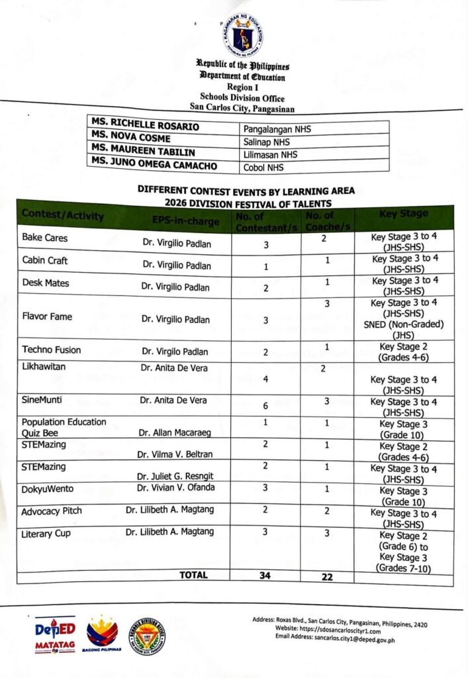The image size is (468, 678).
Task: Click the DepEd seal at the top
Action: click(242, 34)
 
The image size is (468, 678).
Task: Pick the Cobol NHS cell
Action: click(263, 168)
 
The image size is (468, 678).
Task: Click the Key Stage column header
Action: click(404, 214)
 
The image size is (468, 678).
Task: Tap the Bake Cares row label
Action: click(44, 238)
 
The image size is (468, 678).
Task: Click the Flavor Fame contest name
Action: click(47, 316)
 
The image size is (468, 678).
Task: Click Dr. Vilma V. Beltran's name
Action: click(174, 455)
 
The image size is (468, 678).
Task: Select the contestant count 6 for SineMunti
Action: click(265, 406)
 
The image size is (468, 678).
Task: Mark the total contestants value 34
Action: click(265, 576)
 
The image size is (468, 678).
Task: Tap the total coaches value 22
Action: click(326, 577)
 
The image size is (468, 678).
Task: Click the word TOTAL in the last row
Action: click(193, 575)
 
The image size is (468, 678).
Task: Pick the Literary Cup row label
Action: click(46, 534)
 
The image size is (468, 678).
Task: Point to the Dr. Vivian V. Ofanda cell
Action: click(174, 488)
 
